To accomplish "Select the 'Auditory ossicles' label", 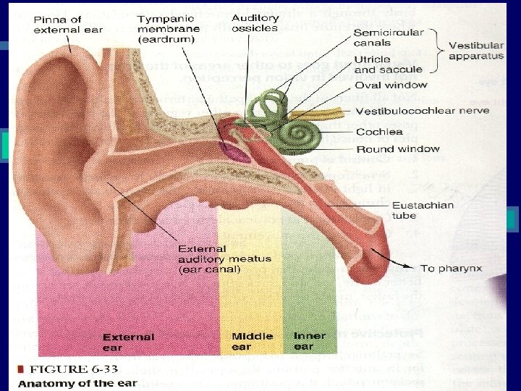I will (254, 22).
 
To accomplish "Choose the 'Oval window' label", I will (391, 85).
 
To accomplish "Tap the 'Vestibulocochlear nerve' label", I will (422, 111).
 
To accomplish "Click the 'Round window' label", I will (397, 148).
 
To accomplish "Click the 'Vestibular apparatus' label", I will (475, 51).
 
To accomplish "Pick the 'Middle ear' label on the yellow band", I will (252, 341).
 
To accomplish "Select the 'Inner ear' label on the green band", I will (309, 341).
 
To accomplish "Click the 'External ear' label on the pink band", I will (128, 342).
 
